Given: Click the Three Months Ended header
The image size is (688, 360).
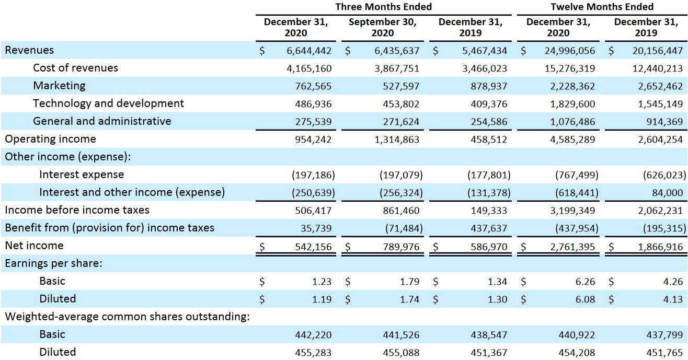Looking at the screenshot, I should click(x=383, y=7).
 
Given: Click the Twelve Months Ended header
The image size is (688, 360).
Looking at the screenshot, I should click(x=602, y=7).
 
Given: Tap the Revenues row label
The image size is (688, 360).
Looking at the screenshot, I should click(x=29, y=50).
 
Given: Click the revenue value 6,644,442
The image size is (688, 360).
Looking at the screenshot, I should click(x=309, y=51).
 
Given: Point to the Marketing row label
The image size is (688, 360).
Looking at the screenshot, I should click(x=59, y=86).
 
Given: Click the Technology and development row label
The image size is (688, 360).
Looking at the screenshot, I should click(x=108, y=103).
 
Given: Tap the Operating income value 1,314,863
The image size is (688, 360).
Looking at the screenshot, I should click(x=397, y=140).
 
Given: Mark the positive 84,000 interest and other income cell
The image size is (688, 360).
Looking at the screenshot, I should click(x=667, y=193).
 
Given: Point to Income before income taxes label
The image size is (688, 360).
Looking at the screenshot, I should click(x=77, y=210).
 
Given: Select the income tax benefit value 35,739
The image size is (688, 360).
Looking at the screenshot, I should click(x=317, y=228).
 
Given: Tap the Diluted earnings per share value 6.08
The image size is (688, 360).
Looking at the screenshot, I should click(x=585, y=299).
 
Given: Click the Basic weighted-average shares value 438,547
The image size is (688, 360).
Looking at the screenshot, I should click(x=489, y=335).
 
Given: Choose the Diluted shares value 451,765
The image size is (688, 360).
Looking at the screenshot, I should click(x=664, y=353).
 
